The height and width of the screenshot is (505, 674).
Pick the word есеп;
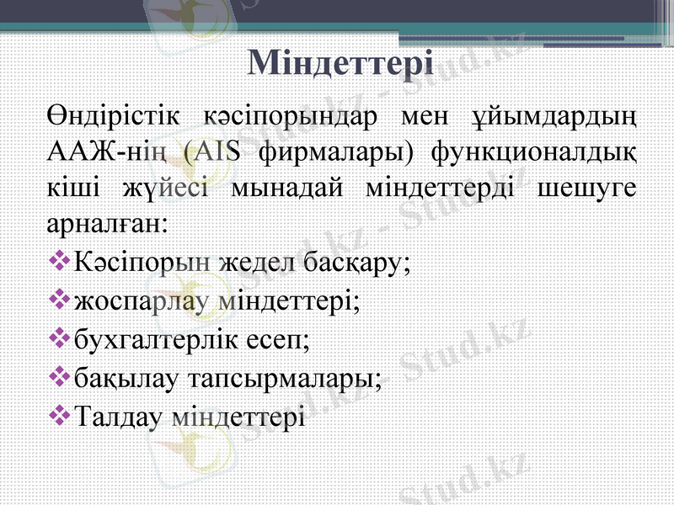[x=281, y=339]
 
